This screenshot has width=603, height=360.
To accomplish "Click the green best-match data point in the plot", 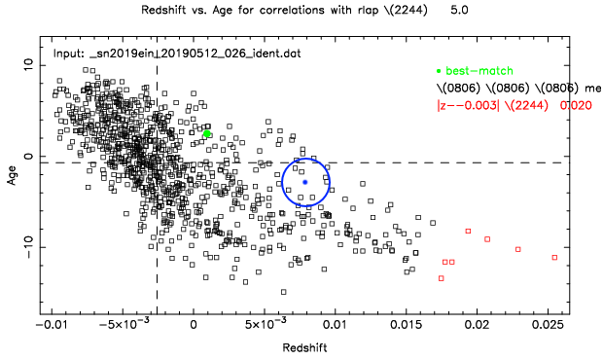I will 207,133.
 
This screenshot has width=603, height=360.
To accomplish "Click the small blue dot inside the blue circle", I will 305,182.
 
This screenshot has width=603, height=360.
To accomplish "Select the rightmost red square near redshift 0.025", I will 554,257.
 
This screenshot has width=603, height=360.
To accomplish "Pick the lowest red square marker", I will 441,278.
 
